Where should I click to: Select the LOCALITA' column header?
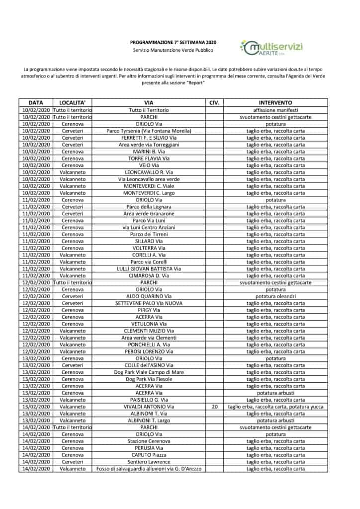[x=73, y=102]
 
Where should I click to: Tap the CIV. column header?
[x=214, y=102]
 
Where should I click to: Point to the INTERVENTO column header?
[x=275, y=102]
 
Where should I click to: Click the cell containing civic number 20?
[x=214, y=407]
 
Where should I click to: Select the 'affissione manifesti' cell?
[x=275, y=110]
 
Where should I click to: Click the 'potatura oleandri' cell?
[x=275, y=296]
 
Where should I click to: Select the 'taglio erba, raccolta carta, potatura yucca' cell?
[x=275, y=407]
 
